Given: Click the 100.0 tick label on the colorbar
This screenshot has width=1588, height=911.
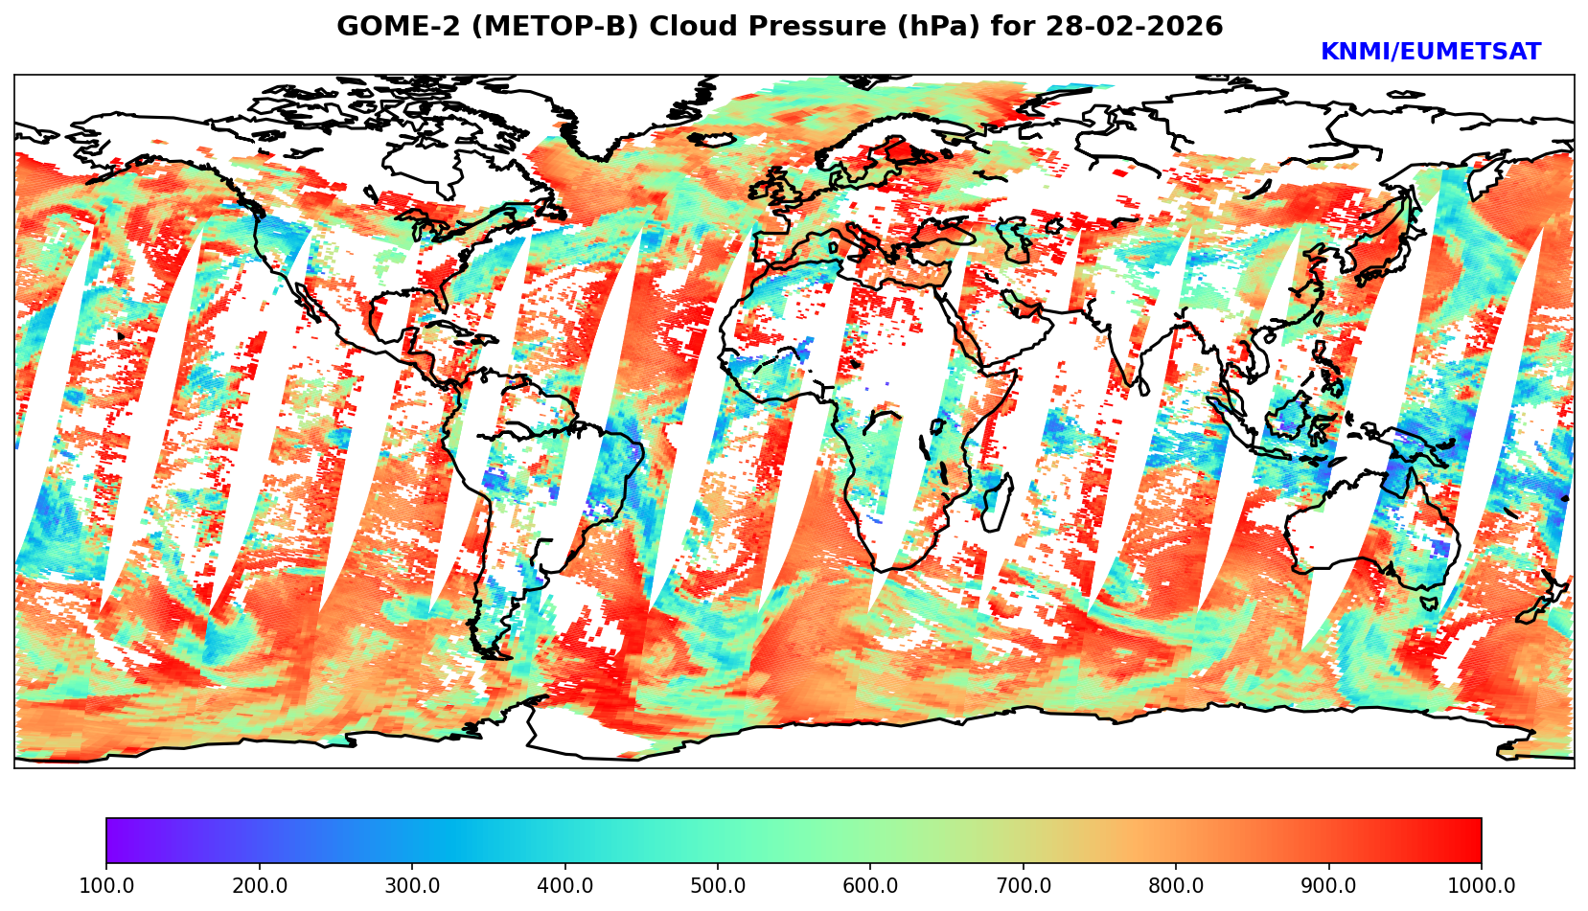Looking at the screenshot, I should tap(106, 886).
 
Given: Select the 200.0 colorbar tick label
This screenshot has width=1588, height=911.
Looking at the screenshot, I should tap(259, 886).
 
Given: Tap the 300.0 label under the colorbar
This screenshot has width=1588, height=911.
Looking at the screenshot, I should tap(412, 886).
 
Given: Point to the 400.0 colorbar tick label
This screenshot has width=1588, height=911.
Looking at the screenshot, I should tap(564, 886).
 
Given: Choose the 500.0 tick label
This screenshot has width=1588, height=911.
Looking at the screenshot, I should tap(718, 886).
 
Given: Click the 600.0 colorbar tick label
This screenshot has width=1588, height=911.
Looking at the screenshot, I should tap(870, 886).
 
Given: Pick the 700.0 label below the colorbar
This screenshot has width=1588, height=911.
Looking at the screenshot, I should tap(1024, 886).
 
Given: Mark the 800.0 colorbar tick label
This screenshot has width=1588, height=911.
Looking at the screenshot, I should tap(1176, 886).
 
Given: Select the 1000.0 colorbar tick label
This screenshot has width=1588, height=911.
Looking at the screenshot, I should tap(1482, 886).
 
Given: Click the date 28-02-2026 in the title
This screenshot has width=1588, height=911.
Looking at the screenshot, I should tap(1135, 27).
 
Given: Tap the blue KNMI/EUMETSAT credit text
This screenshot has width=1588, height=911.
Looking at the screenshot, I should tap(1430, 53).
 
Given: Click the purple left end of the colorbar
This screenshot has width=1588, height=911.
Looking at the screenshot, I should tap(113, 841).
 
